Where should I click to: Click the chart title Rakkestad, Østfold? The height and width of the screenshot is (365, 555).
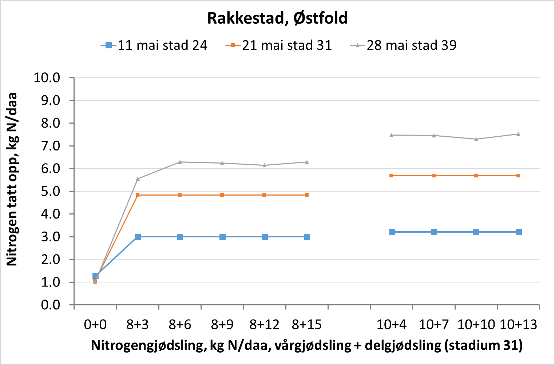[277, 18]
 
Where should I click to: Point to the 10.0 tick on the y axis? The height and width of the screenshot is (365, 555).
[47, 77]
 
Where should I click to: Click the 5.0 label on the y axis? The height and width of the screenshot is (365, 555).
[51, 191]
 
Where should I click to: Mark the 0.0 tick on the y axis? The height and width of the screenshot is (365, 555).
[51, 305]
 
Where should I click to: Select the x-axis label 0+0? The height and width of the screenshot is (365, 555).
[95, 324]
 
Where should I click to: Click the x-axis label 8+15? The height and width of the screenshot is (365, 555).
[307, 324]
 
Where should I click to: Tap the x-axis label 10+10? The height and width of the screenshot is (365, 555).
[476, 324]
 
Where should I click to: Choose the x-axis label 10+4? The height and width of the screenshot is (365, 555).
[392, 324]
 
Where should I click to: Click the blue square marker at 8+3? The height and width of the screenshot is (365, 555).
[138, 237]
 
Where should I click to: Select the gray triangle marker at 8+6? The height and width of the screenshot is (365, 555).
[180, 162]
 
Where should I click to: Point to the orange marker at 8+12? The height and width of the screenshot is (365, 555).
[265, 195]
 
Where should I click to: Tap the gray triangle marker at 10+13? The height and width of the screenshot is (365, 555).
[518, 134]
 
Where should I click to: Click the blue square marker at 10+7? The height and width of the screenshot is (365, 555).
[434, 232]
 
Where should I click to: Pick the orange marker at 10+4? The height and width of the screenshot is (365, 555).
[392, 176]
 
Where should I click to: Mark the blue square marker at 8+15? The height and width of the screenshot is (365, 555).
[307, 237]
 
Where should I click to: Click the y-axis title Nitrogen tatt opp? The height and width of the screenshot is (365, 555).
[12, 180]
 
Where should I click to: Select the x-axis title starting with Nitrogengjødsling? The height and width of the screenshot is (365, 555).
[306, 345]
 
